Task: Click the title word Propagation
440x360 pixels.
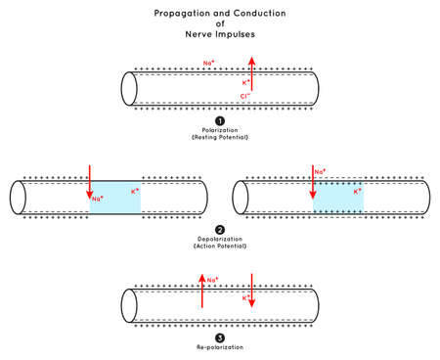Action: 181,15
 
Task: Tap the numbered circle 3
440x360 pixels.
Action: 220,337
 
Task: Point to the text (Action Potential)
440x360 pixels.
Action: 220,246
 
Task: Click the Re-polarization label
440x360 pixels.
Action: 220,347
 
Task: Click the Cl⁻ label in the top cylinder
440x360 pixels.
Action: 243,96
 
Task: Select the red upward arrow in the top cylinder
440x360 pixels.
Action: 252,74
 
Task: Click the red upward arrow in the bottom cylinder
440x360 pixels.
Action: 201,291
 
